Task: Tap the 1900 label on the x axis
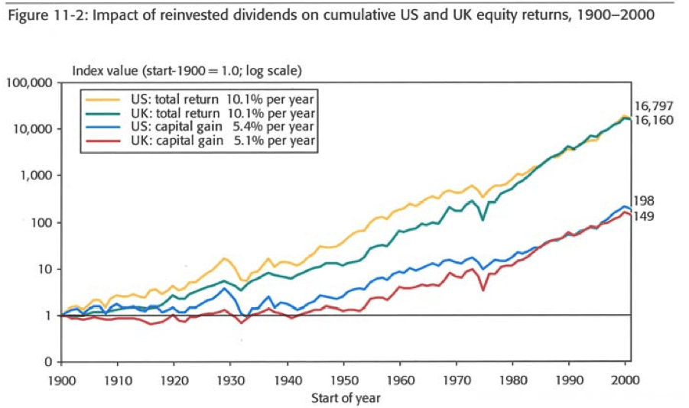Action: pos(61,378)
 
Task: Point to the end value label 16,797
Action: pos(652,106)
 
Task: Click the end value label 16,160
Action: pos(652,121)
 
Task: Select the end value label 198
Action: pos(644,202)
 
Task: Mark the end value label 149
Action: pos(644,217)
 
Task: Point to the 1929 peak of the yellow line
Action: pos(225,258)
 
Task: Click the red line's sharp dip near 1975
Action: pos(483,290)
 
